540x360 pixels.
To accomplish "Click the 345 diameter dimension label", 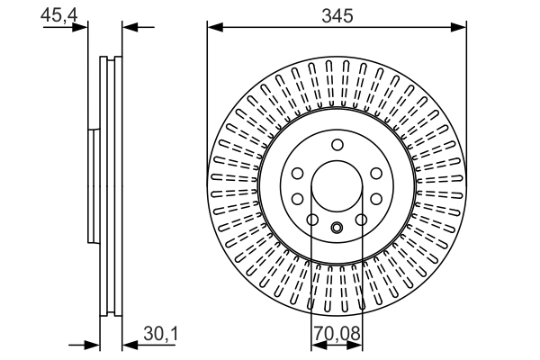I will pos(337,14).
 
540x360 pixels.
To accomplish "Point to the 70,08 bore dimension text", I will pos(336,335).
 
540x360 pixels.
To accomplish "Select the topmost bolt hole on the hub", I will pos(337,146).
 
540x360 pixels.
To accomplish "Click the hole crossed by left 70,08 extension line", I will pos(312,220).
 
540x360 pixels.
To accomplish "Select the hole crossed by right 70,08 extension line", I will pos(360,220).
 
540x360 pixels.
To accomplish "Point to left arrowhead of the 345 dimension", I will pos(214,27).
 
